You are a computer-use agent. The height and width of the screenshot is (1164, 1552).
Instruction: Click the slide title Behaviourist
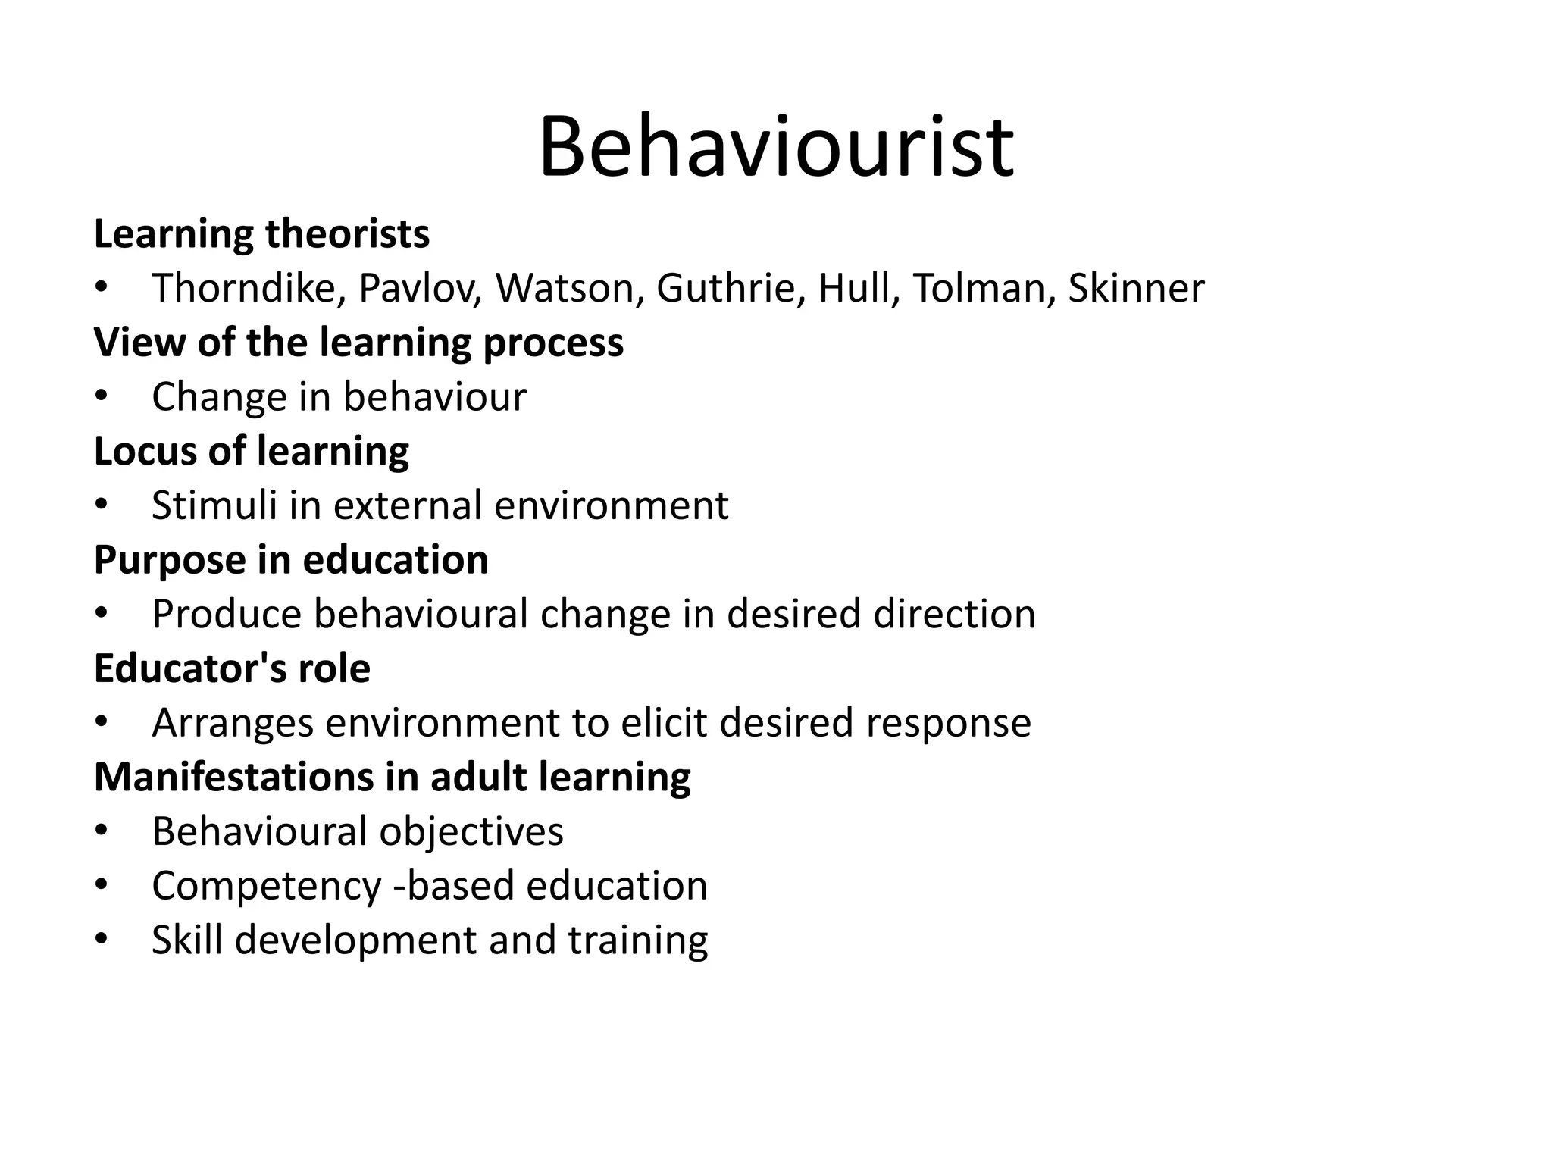[x=776, y=147]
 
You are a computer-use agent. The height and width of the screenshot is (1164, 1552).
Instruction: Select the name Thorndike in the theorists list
[x=248, y=289]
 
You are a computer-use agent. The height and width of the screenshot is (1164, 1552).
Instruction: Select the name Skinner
[x=1136, y=289]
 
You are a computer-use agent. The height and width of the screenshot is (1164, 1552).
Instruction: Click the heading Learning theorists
[x=261, y=234]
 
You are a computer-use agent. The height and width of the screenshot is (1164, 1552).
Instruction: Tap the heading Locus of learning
[x=251, y=452]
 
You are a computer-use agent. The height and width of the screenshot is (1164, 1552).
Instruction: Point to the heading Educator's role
[x=232, y=669]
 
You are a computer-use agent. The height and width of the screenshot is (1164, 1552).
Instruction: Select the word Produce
[x=227, y=615]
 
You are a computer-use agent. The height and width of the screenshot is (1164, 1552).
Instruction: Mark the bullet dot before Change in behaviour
[x=102, y=397]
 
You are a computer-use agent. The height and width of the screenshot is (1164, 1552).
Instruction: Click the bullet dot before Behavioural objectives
[x=102, y=831]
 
